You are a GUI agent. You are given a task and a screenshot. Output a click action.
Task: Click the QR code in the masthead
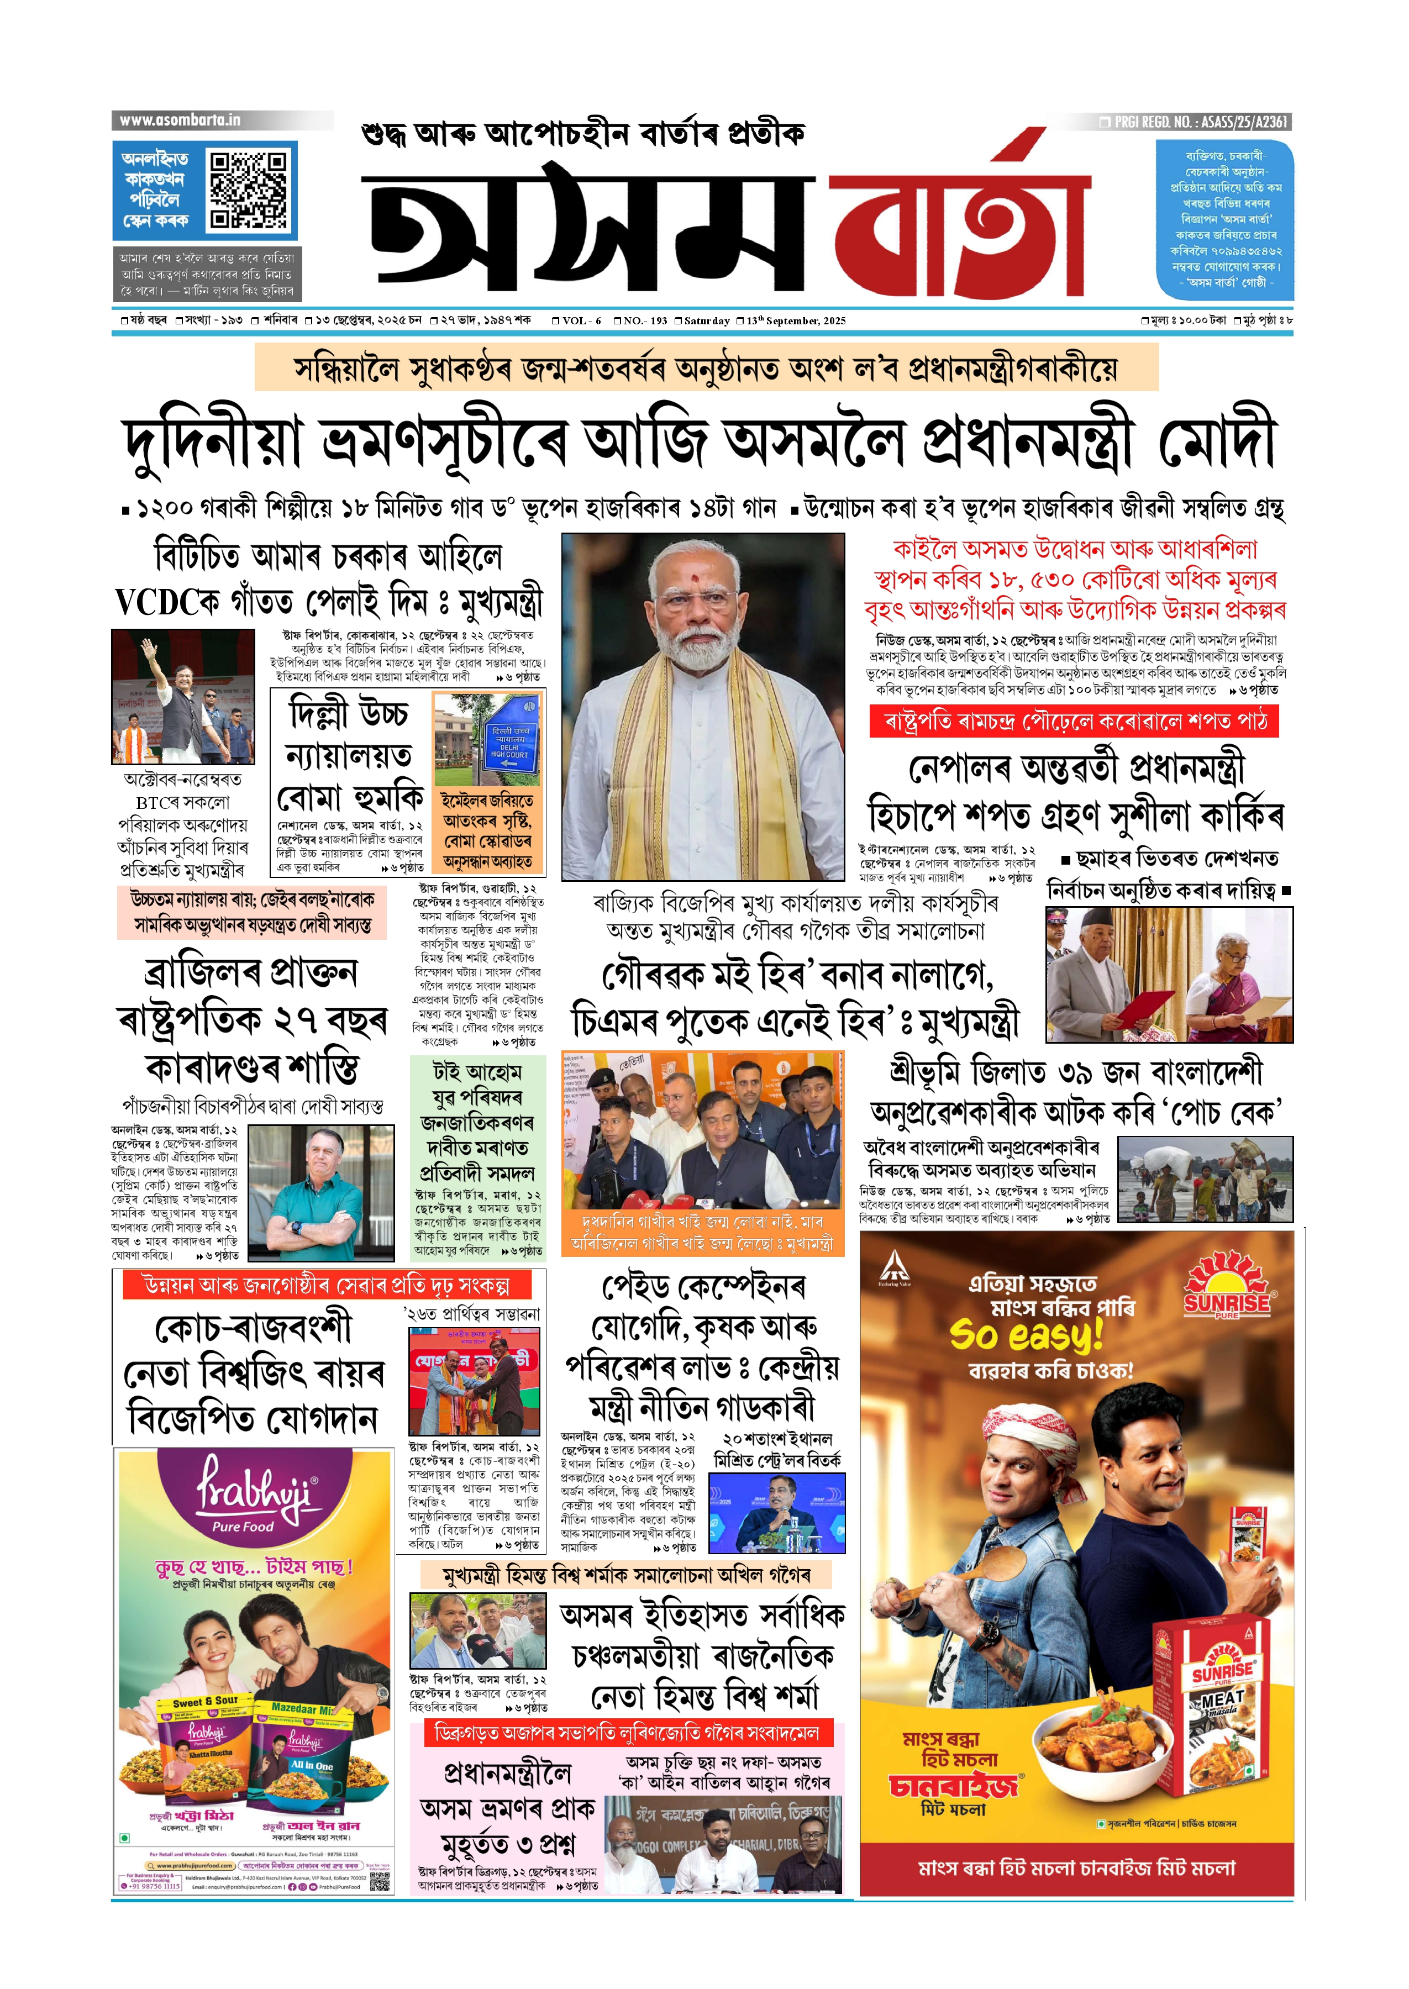point(249,190)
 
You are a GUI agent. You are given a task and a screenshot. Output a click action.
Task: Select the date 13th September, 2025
point(796,321)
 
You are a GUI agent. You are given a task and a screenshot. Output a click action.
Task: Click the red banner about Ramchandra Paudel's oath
point(1074,722)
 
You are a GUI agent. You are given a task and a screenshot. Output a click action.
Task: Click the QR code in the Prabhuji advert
point(380,1881)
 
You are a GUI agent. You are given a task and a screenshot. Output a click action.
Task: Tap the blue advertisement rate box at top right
point(1224,219)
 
